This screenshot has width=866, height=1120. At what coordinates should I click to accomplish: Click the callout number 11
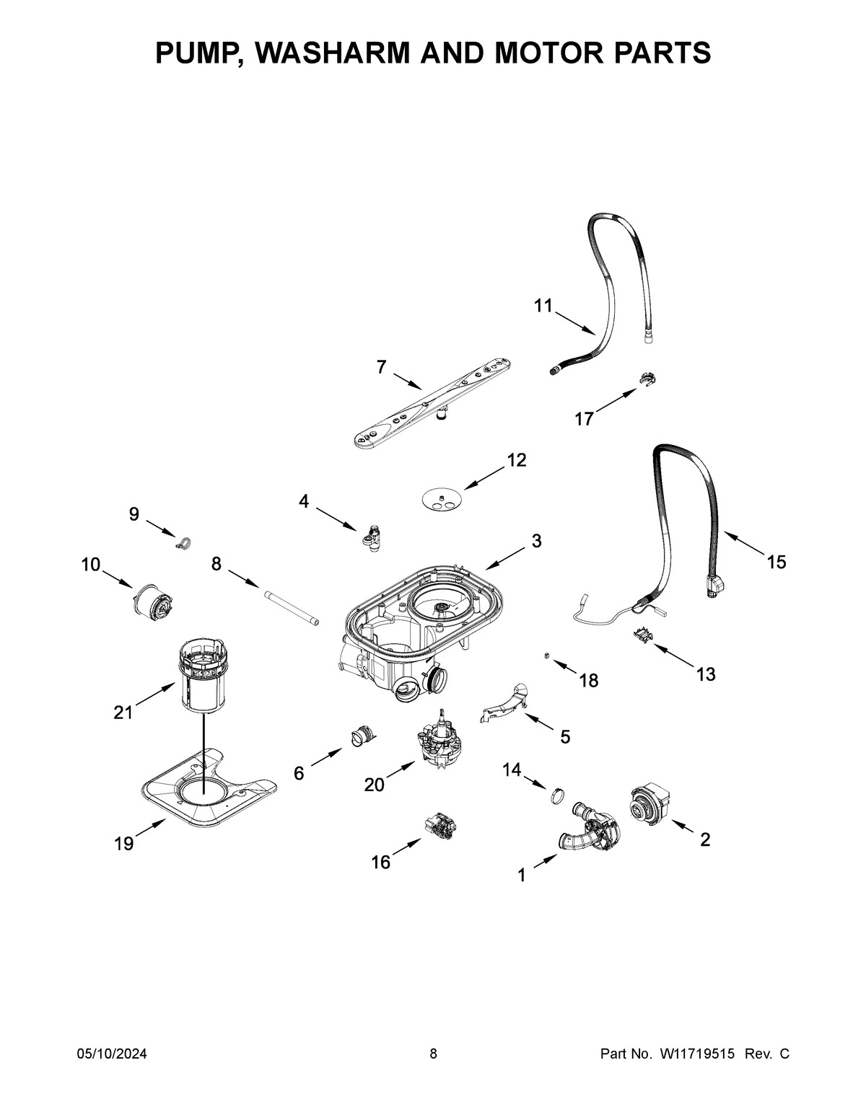tap(543, 306)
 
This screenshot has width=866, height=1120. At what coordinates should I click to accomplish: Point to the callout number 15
tap(776, 562)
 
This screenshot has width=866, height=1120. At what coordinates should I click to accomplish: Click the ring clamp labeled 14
tap(556, 796)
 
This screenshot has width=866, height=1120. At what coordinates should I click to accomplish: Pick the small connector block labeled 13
tap(642, 632)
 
